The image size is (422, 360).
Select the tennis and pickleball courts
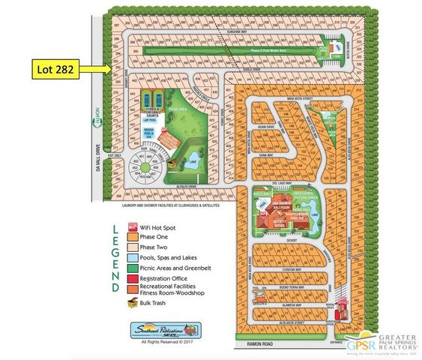pos(155,100)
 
